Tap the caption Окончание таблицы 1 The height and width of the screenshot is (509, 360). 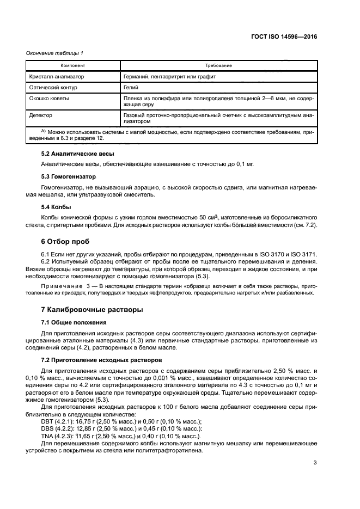click(x=55, y=53)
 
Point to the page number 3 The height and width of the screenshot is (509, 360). click(x=315, y=463)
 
